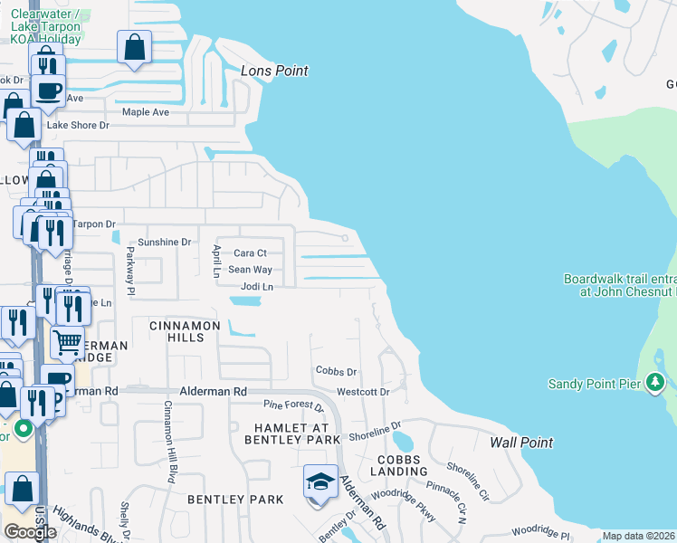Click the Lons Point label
point(274,71)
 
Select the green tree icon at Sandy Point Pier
point(654,384)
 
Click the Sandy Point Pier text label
point(595,384)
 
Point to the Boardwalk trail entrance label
point(619,285)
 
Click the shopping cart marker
point(67,344)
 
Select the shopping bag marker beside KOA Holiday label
point(134,48)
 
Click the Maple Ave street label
point(146,112)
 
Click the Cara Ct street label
point(250,253)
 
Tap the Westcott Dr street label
point(362,392)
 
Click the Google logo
point(30,531)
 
